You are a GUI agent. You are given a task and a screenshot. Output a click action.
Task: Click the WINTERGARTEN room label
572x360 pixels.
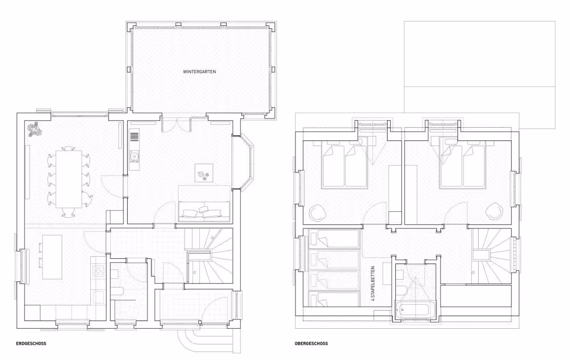click(x=199, y=72)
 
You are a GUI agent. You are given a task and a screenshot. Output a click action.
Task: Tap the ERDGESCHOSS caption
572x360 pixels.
click(x=31, y=343)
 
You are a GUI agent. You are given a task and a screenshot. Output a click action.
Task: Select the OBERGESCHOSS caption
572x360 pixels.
click(x=311, y=343)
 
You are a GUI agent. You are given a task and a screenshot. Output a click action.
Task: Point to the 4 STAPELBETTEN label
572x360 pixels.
click(x=373, y=284)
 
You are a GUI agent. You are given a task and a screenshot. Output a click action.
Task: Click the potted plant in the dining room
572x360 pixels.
click(x=35, y=129)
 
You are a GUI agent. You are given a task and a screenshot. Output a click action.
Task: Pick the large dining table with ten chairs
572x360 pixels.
click(x=69, y=179)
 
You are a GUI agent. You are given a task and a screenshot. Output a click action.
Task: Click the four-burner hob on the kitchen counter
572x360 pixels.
click(x=98, y=271)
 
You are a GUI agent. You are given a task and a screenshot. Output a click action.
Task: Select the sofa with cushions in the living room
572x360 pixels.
click(x=204, y=211)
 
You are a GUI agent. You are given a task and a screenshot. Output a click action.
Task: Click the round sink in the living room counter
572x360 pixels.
click(x=134, y=156)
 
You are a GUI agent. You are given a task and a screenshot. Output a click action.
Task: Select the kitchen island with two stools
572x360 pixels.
click(x=50, y=257)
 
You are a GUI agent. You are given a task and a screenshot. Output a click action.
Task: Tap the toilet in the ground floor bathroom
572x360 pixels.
click(x=118, y=291)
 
